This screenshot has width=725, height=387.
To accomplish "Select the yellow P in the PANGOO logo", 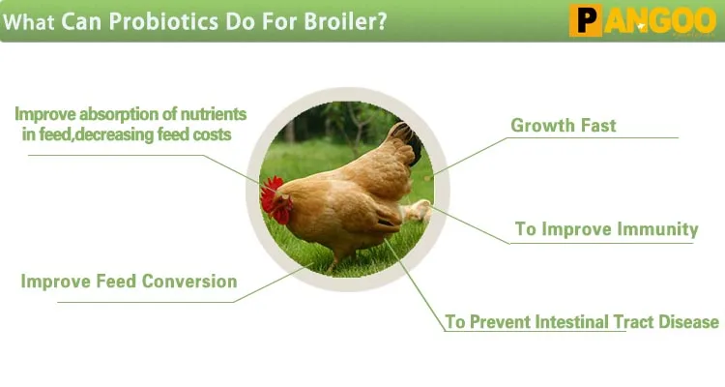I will point(585,21).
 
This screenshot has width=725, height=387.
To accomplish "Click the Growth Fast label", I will point(563,126).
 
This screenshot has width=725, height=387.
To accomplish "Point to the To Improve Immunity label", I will point(606,229).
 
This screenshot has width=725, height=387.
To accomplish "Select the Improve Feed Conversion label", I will point(129,282).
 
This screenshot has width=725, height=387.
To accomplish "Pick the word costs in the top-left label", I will point(210,134).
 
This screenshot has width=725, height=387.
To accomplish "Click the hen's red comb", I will point(272,191).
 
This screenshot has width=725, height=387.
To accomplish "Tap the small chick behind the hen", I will point(417,212).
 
